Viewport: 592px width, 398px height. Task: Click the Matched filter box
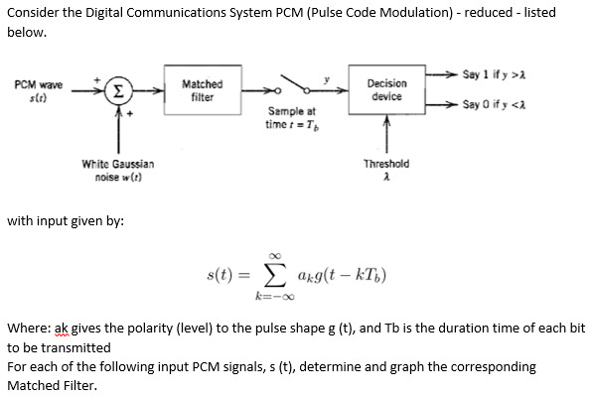click(204, 90)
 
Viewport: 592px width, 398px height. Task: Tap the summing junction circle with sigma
click(117, 90)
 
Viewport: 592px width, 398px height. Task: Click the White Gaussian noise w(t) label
click(117, 168)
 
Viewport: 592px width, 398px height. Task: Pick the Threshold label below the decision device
click(386, 164)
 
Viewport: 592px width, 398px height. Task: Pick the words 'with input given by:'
click(66, 219)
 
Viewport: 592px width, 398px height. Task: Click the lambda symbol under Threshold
click(386, 177)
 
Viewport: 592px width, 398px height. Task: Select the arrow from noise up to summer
click(117, 127)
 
